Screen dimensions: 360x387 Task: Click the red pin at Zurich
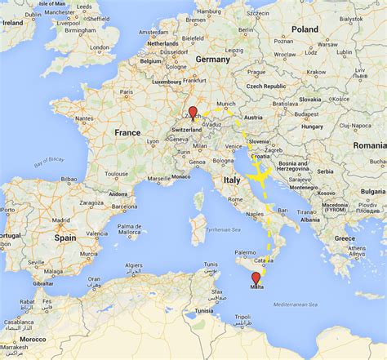pyautogui.click(x=193, y=113)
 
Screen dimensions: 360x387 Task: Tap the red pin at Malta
pyautogui.click(x=256, y=278)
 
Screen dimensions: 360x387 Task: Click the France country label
pyautogui.click(x=127, y=132)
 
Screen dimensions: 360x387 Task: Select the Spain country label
pyautogui.click(x=64, y=238)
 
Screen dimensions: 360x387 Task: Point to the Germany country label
pyautogui.click(x=212, y=60)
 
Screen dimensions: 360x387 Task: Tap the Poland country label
pyautogui.click(x=305, y=29)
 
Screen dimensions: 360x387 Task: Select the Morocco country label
pyautogui.click(x=33, y=339)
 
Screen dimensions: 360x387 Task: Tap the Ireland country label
pyautogui.click(x=14, y=23)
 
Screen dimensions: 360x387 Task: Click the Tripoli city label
pyautogui.click(x=243, y=317)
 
